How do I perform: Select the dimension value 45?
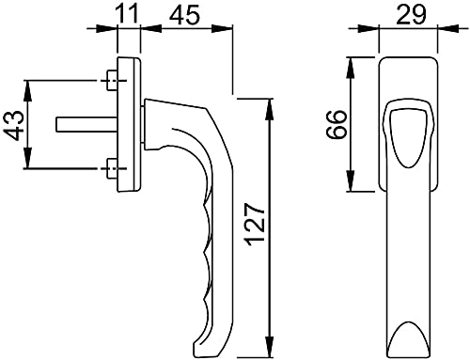pos(184,14)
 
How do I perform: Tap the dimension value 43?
pos(14,125)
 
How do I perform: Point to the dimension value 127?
pos(256,224)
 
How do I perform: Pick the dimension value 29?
pos(411,14)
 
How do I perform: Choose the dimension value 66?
pos(337,124)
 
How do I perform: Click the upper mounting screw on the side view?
pos(112,81)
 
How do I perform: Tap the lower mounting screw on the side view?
pos(112,168)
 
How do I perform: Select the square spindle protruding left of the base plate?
pos(86,124)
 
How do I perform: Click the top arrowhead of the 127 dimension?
pos(270,109)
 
